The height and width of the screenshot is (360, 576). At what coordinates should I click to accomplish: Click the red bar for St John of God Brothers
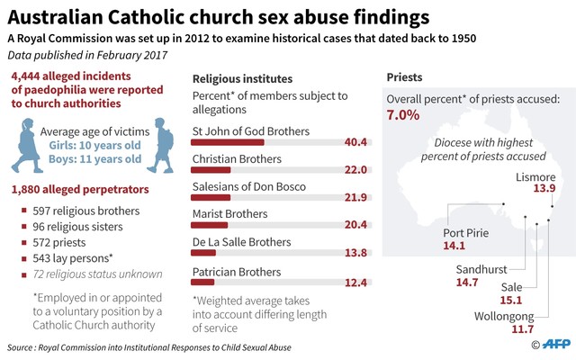(x=229, y=142)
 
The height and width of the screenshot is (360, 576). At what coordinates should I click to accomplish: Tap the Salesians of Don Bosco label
(x=249, y=186)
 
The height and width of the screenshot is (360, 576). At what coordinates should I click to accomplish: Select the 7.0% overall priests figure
(x=403, y=115)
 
